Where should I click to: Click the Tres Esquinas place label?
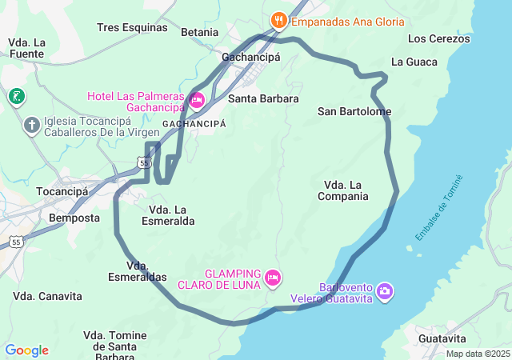pyautogui.click(x=132, y=27)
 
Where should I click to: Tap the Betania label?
pyautogui.click(x=199, y=32)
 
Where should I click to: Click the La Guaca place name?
pyautogui.click(x=414, y=62)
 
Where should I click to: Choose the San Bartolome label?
pyautogui.click(x=354, y=111)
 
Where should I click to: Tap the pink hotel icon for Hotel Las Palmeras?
pyautogui.click(x=197, y=100)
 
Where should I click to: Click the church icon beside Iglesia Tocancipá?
pyautogui.click(x=31, y=125)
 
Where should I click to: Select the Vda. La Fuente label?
pyautogui.click(x=26, y=48)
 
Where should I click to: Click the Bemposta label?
pyautogui.click(x=74, y=218)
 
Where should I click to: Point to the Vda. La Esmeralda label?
pyautogui.click(x=167, y=215)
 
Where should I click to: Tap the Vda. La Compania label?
pyautogui.click(x=342, y=190)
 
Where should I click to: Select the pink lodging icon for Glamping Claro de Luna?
pyautogui.click(x=273, y=278)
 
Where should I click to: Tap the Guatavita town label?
pyautogui.click(x=442, y=338)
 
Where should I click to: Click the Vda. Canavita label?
pyautogui.click(x=47, y=296)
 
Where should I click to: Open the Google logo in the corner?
pyautogui.click(x=26, y=350)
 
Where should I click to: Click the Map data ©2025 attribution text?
pyautogui.click(x=477, y=354)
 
